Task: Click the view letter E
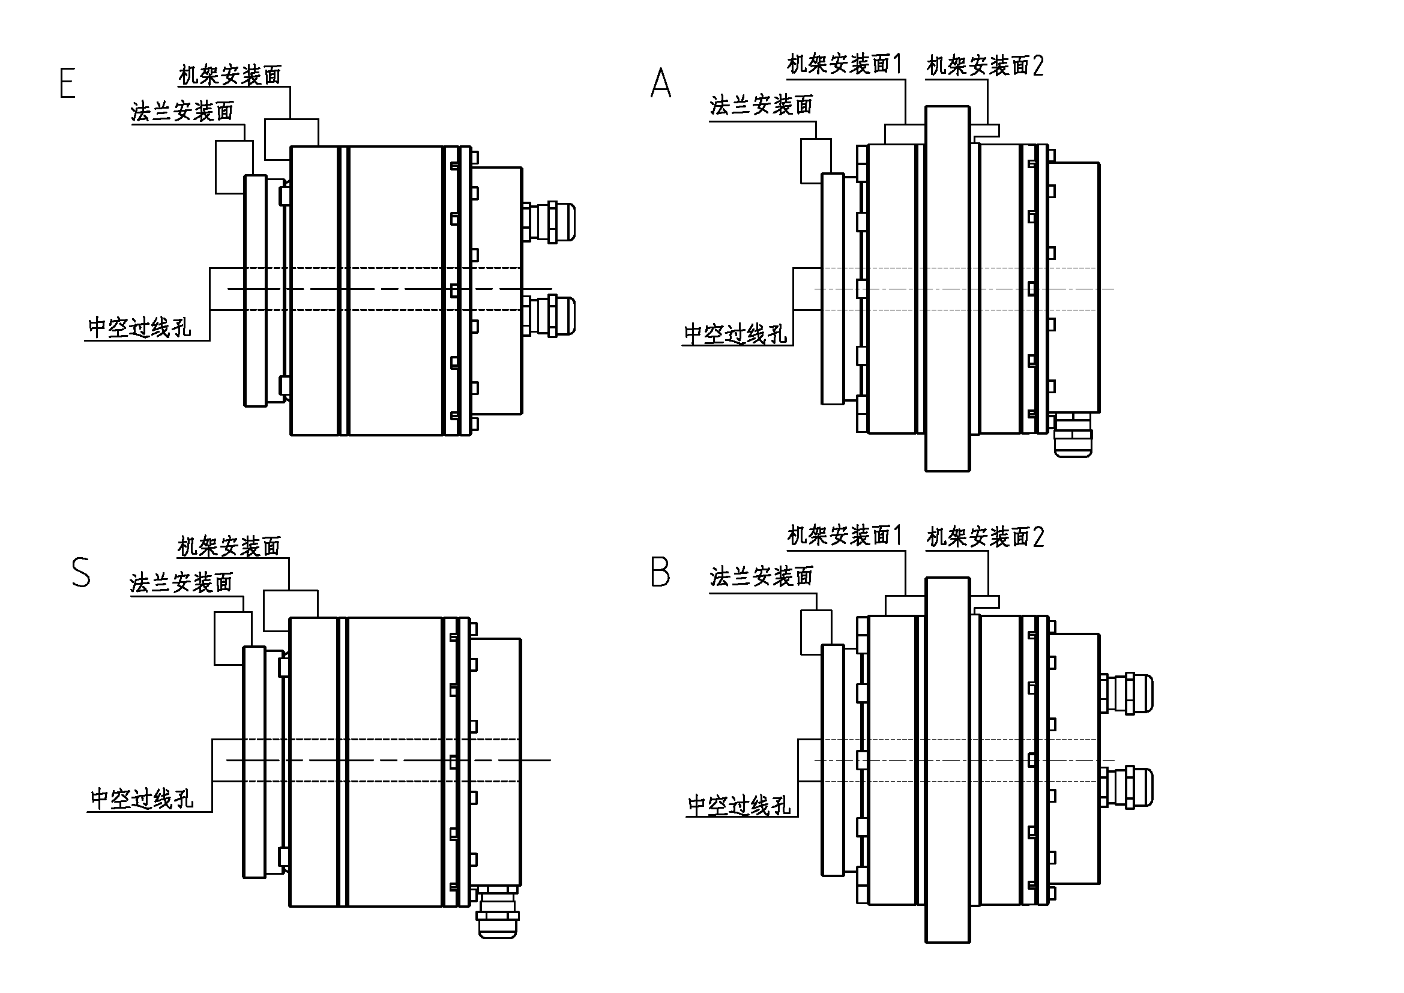[67, 84]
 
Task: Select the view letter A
[660, 84]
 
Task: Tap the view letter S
[80, 573]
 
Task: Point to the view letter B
[660, 573]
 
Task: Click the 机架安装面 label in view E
[230, 75]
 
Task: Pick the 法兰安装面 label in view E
[182, 112]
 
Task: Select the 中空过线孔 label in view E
[139, 328]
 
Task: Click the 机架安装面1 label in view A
[844, 64]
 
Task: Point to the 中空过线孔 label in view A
[736, 334]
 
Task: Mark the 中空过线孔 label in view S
[142, 798]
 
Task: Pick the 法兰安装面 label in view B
[761, 576]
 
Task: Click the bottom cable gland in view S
[498, 913]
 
